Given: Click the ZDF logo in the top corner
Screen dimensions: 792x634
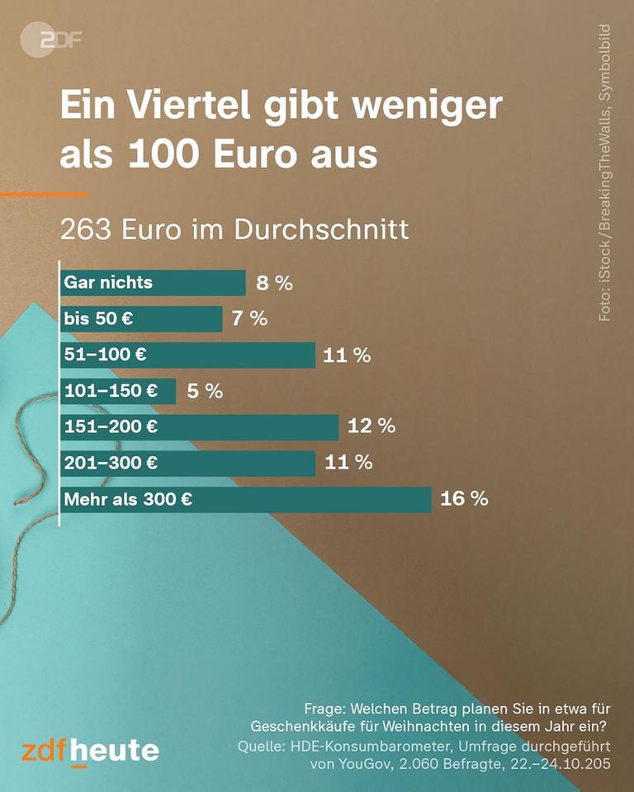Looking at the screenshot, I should (x=51, y=39).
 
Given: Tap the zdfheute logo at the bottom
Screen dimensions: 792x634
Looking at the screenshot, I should (x=90, y=751).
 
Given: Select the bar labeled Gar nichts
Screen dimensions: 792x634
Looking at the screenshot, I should (x=153, y=282).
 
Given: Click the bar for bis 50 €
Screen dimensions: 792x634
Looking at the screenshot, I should (x=141, y=318).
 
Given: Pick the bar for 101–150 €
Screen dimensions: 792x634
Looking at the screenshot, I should (x=118, y=391).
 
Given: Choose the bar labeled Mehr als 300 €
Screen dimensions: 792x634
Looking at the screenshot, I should (x=245, y=499).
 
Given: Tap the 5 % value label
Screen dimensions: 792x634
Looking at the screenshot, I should (x=205, y=391).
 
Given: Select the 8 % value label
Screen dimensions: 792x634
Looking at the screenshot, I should (x=274, y=283).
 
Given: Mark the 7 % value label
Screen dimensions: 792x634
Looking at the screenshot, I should (x=249, y=318).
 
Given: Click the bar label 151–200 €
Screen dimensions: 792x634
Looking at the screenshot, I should (x=111, y=427).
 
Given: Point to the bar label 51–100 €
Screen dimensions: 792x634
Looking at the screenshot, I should (x=106, y=355).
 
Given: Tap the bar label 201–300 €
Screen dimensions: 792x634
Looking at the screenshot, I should (x=111, y=463).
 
